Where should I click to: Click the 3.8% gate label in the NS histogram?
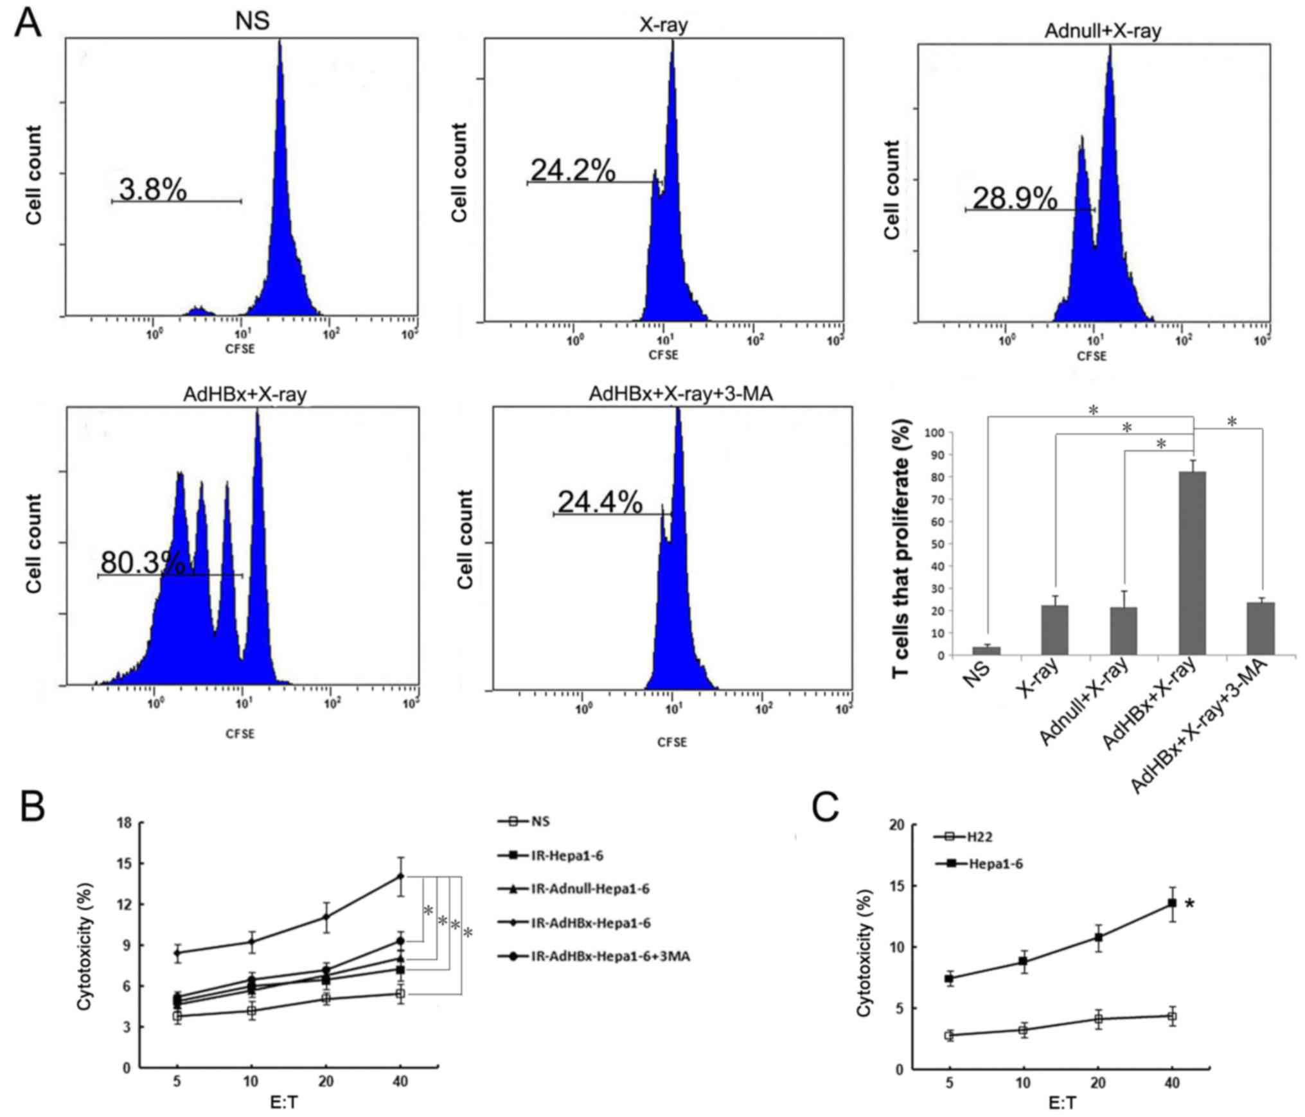[x=153, y=190]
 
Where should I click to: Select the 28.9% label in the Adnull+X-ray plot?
[x=1015, y=199]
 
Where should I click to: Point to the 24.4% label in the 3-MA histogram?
[x=599, y=502]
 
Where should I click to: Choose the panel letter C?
[x=825, y=807]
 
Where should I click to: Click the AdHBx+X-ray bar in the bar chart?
[x=1193, y=563]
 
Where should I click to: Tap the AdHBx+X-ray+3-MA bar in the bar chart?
[x=1261, y=628]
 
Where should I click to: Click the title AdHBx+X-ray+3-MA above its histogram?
[x=680, y=394]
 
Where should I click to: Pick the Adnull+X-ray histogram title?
[x=1103, y=31]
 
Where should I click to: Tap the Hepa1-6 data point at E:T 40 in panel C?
[x=1172, y=902]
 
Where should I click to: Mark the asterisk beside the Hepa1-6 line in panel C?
[x=1190, y=904]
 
